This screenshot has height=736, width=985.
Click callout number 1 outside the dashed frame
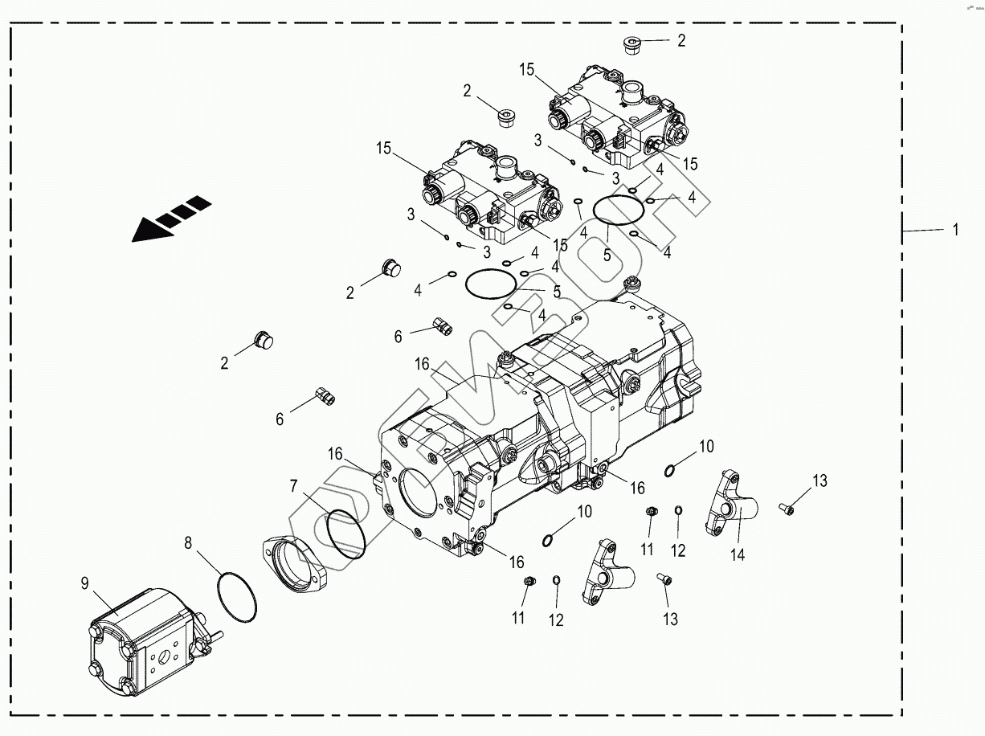pyautogui.click(x=955, y=230)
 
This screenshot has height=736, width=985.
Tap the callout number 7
pyautogui.click(x=294, y=485)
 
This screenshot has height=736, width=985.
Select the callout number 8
pyautogui.click(x=188, y=542)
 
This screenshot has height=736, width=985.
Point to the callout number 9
pyautogui.click(x=84, y=584)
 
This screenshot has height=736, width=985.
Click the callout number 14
pyautogui.click(x=737, y=554)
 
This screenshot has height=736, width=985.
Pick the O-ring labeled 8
pyautogui.click(x=236, y=598)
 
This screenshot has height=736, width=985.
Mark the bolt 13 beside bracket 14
pyautogui.click(x=785, y=508)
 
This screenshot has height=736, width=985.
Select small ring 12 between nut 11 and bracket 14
pyautogui.click(x=678, y=511)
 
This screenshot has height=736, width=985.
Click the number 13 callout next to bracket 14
pyautogui.click(x=819, y=481)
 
